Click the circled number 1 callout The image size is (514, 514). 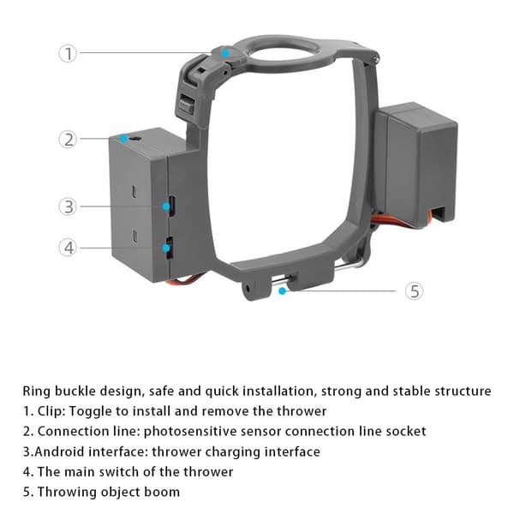coord(68,53)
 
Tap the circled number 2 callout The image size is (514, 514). coord(68,140)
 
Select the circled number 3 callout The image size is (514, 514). coord(68,206)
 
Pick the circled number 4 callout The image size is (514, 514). coord(68,248)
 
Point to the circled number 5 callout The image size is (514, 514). coord(414,291)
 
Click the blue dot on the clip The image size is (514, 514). coord(225,53)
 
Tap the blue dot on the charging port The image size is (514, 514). coord(166,206)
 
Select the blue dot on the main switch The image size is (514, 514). coord(166,248)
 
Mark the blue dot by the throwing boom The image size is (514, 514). coord(282,290)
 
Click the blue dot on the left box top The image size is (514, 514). coord(123,139)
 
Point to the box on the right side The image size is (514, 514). coord(415,164)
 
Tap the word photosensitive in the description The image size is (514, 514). coord(190,432)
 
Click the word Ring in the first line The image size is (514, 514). coord(36,391)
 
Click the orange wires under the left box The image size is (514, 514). coord(184,279)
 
